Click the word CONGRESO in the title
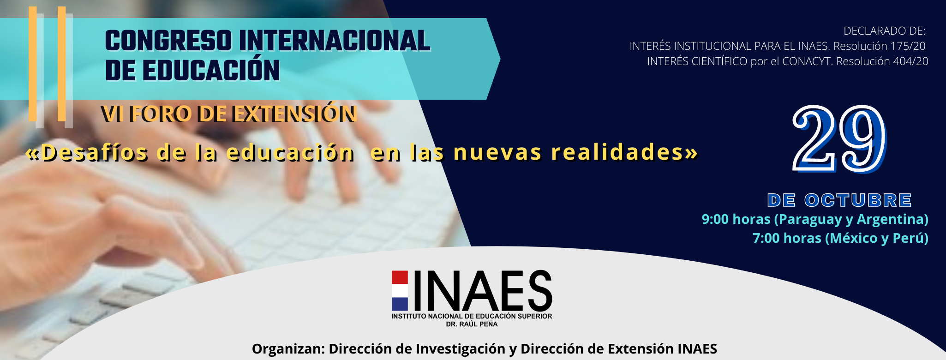[x=168, y=41]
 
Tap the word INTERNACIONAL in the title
[x=335, y=41]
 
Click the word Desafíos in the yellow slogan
[x=95, y=152]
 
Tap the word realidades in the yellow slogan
[x=617, y=152]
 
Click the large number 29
[x=839, y=138]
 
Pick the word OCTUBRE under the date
[x=858, y=200]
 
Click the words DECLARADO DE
[x=885, y=31]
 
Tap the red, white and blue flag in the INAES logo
[x=400, y=290]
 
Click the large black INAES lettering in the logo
[x=483, y=290]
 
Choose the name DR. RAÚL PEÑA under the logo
[x=472, y=324]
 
